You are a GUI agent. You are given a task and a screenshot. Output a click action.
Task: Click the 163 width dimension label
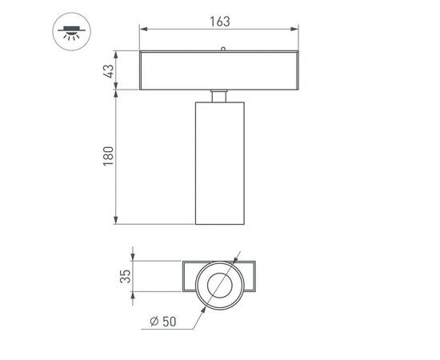[x=220, y=22]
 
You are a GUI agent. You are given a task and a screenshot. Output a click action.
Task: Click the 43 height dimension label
[x=110, y=70]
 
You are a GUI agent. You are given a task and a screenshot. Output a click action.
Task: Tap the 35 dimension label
[x=126, y=278]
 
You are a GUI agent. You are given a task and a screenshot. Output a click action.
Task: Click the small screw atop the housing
[x=223, y=49]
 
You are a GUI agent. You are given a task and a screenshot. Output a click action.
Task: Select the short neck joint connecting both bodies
[x=220, y=96]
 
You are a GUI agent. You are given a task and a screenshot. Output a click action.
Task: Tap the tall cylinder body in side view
[x=220, y=164]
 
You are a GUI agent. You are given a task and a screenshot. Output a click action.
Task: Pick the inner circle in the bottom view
[x=218, y=284]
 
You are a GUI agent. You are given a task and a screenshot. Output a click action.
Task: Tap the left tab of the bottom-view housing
[x=189, y=278]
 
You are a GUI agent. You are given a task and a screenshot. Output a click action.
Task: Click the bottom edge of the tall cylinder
[x=220, y=225]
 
